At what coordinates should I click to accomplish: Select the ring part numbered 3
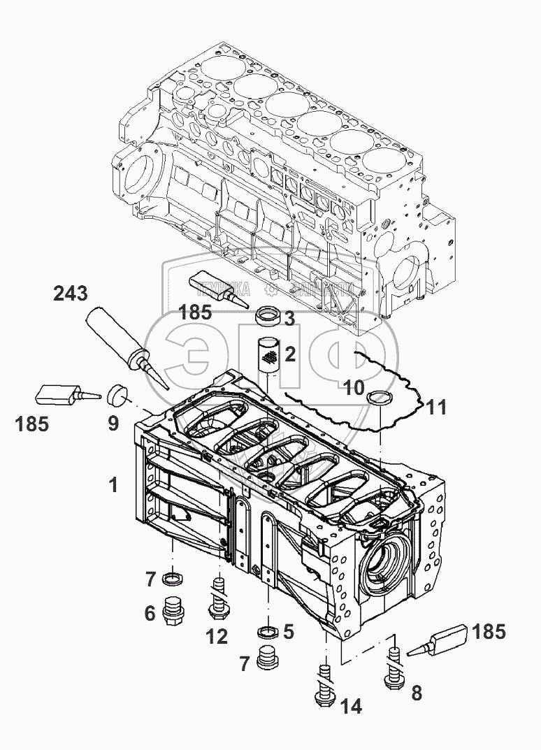tap(266, 317)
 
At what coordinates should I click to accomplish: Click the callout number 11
tap(436, 408)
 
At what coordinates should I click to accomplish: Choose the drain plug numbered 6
tap(173, 610)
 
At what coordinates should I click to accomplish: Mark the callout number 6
tap(149, 613)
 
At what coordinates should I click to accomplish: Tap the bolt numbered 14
tap(324, 684)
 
